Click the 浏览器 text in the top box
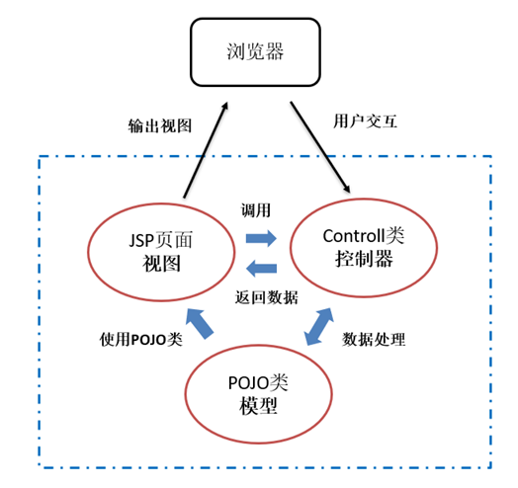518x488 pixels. coord(255,51)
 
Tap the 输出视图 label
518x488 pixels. coord(160,125)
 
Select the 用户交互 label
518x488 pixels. coord(365,122)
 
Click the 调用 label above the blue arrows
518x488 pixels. coord(256,210)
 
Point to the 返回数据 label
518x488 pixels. coord(267,297)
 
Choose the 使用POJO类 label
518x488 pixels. coord(141,339)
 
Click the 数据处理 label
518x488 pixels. coord(374,339)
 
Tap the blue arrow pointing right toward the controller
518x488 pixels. coord(261,238)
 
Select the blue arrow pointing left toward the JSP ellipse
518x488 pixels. coord(261,268)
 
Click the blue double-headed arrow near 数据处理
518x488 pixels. coord(318,327)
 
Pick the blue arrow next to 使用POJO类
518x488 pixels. coord(200,324)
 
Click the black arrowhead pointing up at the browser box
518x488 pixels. coord(225,106)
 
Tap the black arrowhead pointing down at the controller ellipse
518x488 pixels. coord(347,189)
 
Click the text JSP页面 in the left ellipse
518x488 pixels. coord(160,240)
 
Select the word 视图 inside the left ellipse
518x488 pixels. coord(161,264)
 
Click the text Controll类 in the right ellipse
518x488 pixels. coord(364,236)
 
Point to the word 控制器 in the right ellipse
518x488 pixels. coord(364,259)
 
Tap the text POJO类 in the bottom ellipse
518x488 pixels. coord(258,383)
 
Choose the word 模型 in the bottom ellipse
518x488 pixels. coord(258,406)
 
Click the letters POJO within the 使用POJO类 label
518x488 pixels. coord(148,340)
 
